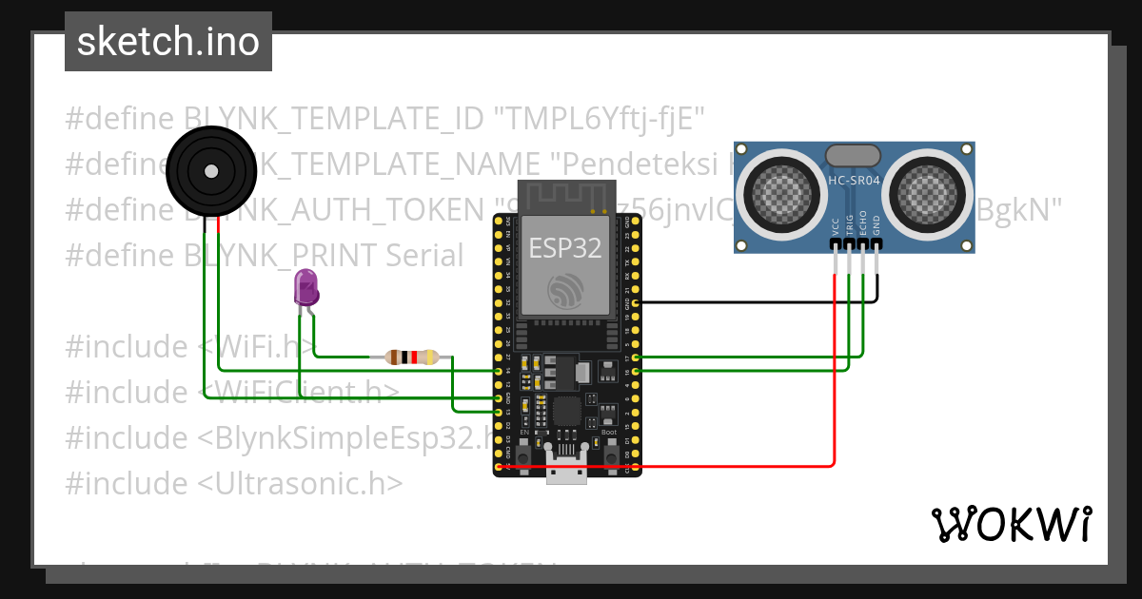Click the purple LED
305,287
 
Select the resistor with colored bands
411,357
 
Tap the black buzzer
210,171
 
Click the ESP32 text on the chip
565,248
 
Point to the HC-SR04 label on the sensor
855,180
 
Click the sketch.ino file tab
167,42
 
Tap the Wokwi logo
1010,524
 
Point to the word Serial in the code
424,255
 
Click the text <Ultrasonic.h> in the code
301,483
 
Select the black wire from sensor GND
761,301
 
